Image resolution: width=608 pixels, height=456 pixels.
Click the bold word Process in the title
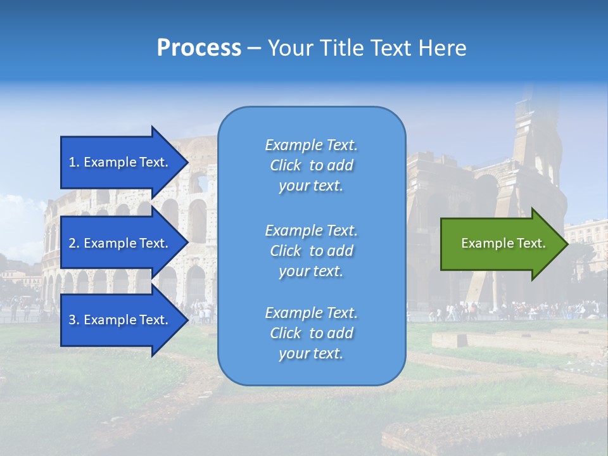(x=199, y=48)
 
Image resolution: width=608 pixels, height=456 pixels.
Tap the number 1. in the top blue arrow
(x=74, y=162)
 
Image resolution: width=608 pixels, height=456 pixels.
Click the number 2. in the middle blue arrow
(x=74, y=243)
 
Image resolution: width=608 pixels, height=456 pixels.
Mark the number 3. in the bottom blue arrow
(x=74, y=320)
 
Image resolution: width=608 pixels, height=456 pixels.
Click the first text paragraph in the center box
(x=311, y=165)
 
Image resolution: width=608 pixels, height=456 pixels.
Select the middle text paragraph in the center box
(x=311, y=251)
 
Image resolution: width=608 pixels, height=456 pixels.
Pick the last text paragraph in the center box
(x=311, y=333)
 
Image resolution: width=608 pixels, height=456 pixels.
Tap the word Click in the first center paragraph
(x=285, y=165)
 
